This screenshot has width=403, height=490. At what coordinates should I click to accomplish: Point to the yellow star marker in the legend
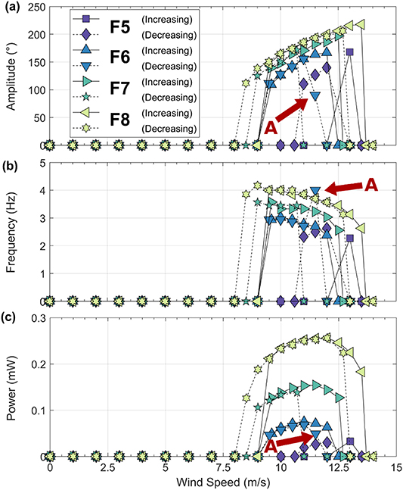[x=85, y=128]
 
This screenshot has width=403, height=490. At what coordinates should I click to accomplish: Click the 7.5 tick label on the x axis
[x=223, y=468]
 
